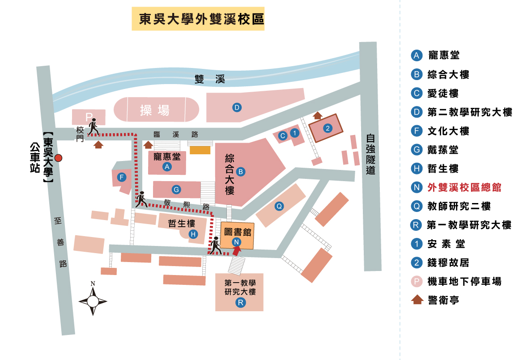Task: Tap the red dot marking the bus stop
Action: tap(58, 157)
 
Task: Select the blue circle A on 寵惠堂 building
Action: tap(167, 167)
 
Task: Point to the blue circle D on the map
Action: tap(237, 107)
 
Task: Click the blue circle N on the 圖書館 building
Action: tap(237, 242)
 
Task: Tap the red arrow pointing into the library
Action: tap(237, 250)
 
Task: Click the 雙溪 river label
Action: tap(209, 80)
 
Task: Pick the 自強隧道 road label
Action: tap(370, 154)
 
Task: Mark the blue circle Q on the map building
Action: tap(279, 206)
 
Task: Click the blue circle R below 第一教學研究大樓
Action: tap(240, 303)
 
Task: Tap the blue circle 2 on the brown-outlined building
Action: tap(328, 129)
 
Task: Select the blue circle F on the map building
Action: tap(121, 177)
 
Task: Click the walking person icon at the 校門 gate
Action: tap(93, 127)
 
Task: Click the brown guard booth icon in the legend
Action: tap(417, 300)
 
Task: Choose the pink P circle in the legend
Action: tap(417, 281)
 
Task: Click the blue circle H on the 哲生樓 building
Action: tap(193, 234)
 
